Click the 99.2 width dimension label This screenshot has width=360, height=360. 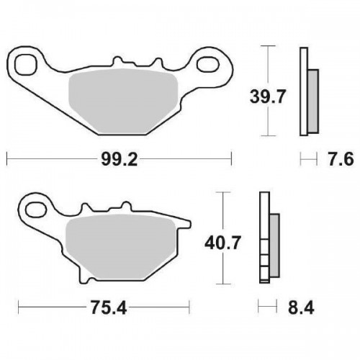click(x=120, y=159)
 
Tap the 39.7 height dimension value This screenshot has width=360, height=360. click(x=268, y=96)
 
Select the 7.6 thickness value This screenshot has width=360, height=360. click(x=341, y=159)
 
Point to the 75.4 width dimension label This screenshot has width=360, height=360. click(x=109, y=307)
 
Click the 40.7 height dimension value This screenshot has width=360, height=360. click(x=222, y=243)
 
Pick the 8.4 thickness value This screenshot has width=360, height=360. click(x=301, y=307)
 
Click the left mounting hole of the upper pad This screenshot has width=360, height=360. click(x=26, y=65)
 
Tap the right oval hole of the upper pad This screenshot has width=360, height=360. click(x=208, y=64)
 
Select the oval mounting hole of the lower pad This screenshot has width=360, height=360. click(x=36, y=210)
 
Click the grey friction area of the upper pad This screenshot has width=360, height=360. click(x=123, y=102)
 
